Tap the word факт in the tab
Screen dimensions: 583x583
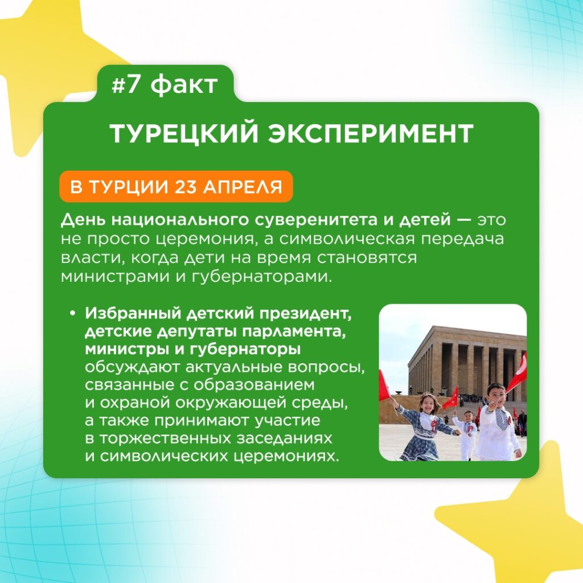coord(184,84)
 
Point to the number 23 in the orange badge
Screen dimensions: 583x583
coord(186,187)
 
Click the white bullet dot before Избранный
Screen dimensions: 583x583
coord(72,314)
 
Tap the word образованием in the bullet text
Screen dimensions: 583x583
coord(254,385)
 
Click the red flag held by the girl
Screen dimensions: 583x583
coord(383,386)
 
